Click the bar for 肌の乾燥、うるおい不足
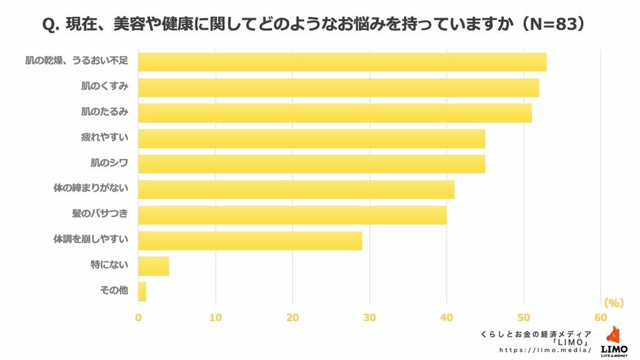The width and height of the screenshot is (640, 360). click(x=342, y=62)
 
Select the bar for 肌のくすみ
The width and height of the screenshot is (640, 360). click(x=338, y=88)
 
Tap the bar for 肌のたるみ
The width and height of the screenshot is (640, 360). click(x=335, y=113)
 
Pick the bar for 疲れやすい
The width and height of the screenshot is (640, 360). click(x=312, y=138)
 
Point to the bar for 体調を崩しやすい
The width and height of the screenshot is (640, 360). click(x=250, y=240)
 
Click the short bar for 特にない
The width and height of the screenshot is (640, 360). click(x=154, y=266)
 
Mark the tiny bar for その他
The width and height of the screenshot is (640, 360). click(x=142, y=292)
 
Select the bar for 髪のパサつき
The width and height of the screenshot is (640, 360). click(x=293, y=215)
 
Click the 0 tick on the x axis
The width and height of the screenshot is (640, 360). click(x=138, y=317)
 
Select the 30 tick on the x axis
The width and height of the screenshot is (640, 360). click(x=369, y=317)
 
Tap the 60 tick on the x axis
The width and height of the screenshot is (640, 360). click(x=600, y=317)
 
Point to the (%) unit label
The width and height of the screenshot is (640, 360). click(x=613, y=303)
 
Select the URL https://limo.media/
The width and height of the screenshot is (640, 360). click(x=545, y=350)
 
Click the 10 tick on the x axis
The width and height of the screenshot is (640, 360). click(x=216, y=317)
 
